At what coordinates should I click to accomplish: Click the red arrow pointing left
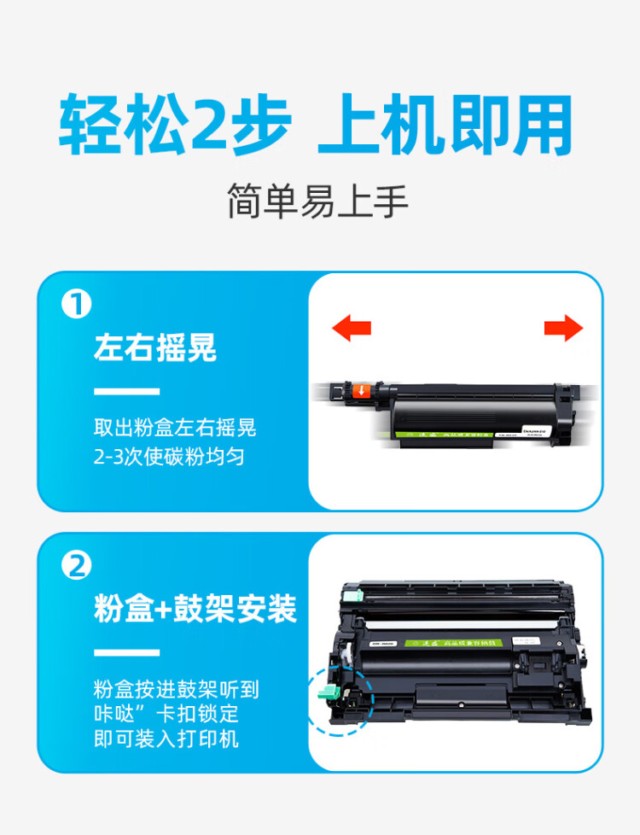click(x=351, y=328)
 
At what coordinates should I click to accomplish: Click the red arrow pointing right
click(x=563, y=328)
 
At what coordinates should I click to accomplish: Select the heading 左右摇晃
click(x=154, y=348)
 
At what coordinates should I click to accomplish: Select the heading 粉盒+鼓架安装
click(x=195, y=610)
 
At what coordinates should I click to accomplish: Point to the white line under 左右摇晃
click(x=126, y=392)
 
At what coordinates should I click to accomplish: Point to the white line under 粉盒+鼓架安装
click(x=126, y=653)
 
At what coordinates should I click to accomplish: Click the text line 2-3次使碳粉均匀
click(x=169, y=457)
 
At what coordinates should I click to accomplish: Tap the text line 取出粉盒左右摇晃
click(x=175, y=428)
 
